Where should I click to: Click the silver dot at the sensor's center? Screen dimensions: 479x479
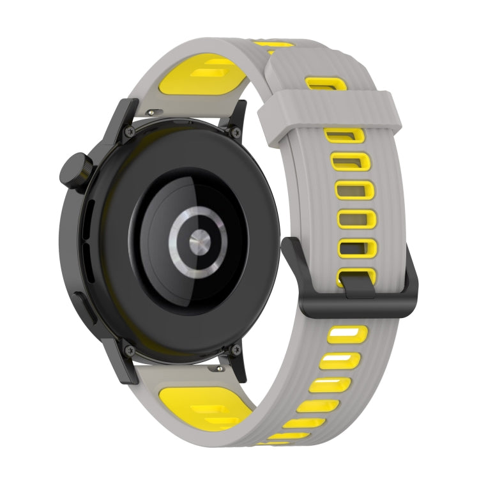coord(199,241)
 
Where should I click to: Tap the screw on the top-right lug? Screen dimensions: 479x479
coord(236,132)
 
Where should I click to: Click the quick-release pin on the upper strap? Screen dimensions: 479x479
coord(151,113)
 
